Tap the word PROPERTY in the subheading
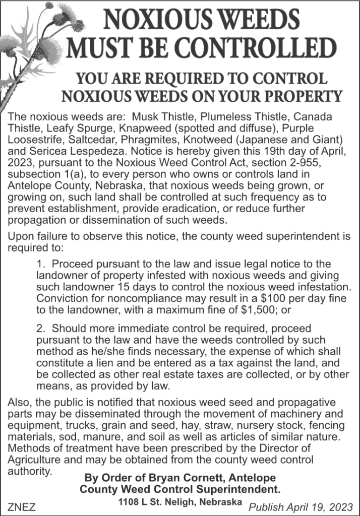[x=301, y=95]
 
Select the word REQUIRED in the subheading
[x=176, y=79]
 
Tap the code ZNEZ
[x=22, y=506]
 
